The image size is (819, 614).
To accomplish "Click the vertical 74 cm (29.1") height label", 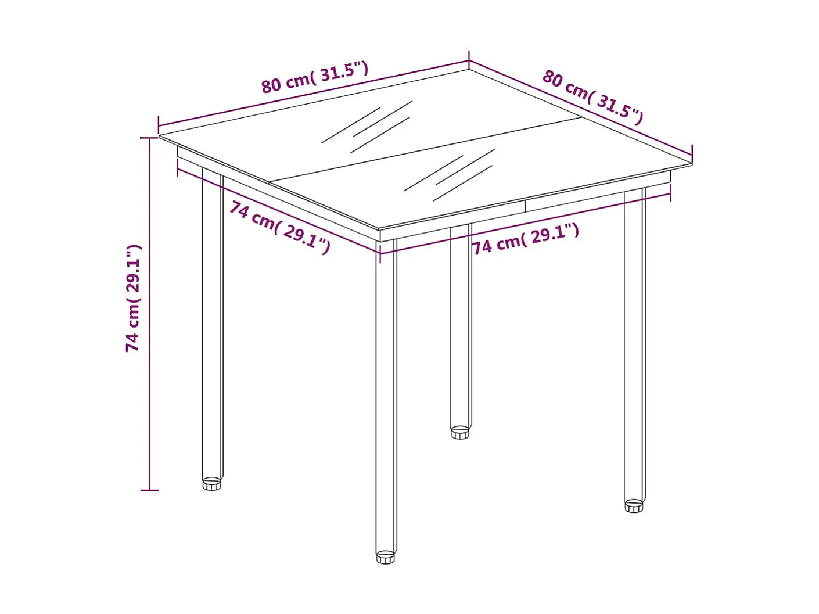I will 134,298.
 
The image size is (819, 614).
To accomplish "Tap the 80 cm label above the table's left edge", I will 314,77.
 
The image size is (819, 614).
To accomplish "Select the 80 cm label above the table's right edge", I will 592,97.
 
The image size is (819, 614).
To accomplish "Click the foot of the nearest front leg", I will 385,558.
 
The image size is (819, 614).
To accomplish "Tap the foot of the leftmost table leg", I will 212,484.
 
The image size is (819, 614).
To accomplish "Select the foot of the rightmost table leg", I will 634,506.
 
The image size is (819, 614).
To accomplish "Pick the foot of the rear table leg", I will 460,433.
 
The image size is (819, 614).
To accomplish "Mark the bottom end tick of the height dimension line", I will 149,490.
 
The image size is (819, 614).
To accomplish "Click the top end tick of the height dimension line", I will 149,138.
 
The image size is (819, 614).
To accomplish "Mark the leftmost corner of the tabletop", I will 160,136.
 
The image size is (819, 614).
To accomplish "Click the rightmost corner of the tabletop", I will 691,164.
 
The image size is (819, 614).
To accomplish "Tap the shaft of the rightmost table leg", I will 634,349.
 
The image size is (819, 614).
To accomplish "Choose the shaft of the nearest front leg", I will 386,395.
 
